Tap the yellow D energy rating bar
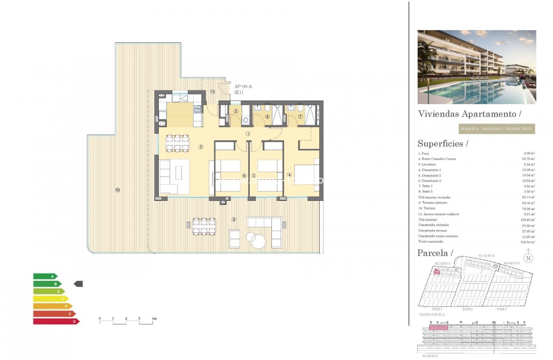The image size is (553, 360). pyautogui.click(x=51, y=299)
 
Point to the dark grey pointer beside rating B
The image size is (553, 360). pyautogui.click(x=78, y=284)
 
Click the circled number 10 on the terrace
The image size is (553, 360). pyautogui.click(x=117, y=190)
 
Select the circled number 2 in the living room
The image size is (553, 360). pyautogui.click(x=201, y=147)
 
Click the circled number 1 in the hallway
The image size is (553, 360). pyautogui.click(x=248, y=134)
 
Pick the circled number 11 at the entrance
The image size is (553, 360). pyautogui.click(x=213, y=91)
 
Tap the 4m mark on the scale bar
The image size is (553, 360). pyautogui.click(x=154, y=319)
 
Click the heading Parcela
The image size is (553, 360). pyautogui.click(x=435, y=253)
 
